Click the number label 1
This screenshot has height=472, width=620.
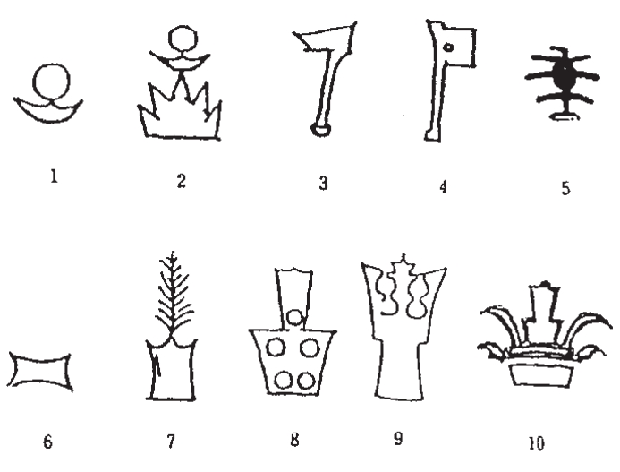click(x=55, y=176)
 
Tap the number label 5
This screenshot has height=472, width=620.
click(x=565, y=188)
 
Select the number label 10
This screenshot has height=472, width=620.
click(x=536, y=443)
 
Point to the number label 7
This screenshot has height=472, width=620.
click(x=171, y=442)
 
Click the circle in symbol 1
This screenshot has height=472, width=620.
click(x=52, y=82)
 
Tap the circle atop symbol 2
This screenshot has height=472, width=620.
click(x=183, y=39)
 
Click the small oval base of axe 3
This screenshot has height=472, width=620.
click(x=320, y=129)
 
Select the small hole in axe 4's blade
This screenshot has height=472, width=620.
click(x=448, y=47)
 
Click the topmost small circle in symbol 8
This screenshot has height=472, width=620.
click(x=294, y=317)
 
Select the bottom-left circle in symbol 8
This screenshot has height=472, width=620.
click(x=284, y=381)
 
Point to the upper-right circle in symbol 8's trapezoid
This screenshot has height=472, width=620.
click(x=310, y=348)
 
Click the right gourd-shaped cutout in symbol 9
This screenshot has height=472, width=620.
click(x=419, y=297)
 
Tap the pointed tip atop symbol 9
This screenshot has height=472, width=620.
click(x=403, y=254)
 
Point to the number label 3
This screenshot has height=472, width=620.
click(x=324, y=184)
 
